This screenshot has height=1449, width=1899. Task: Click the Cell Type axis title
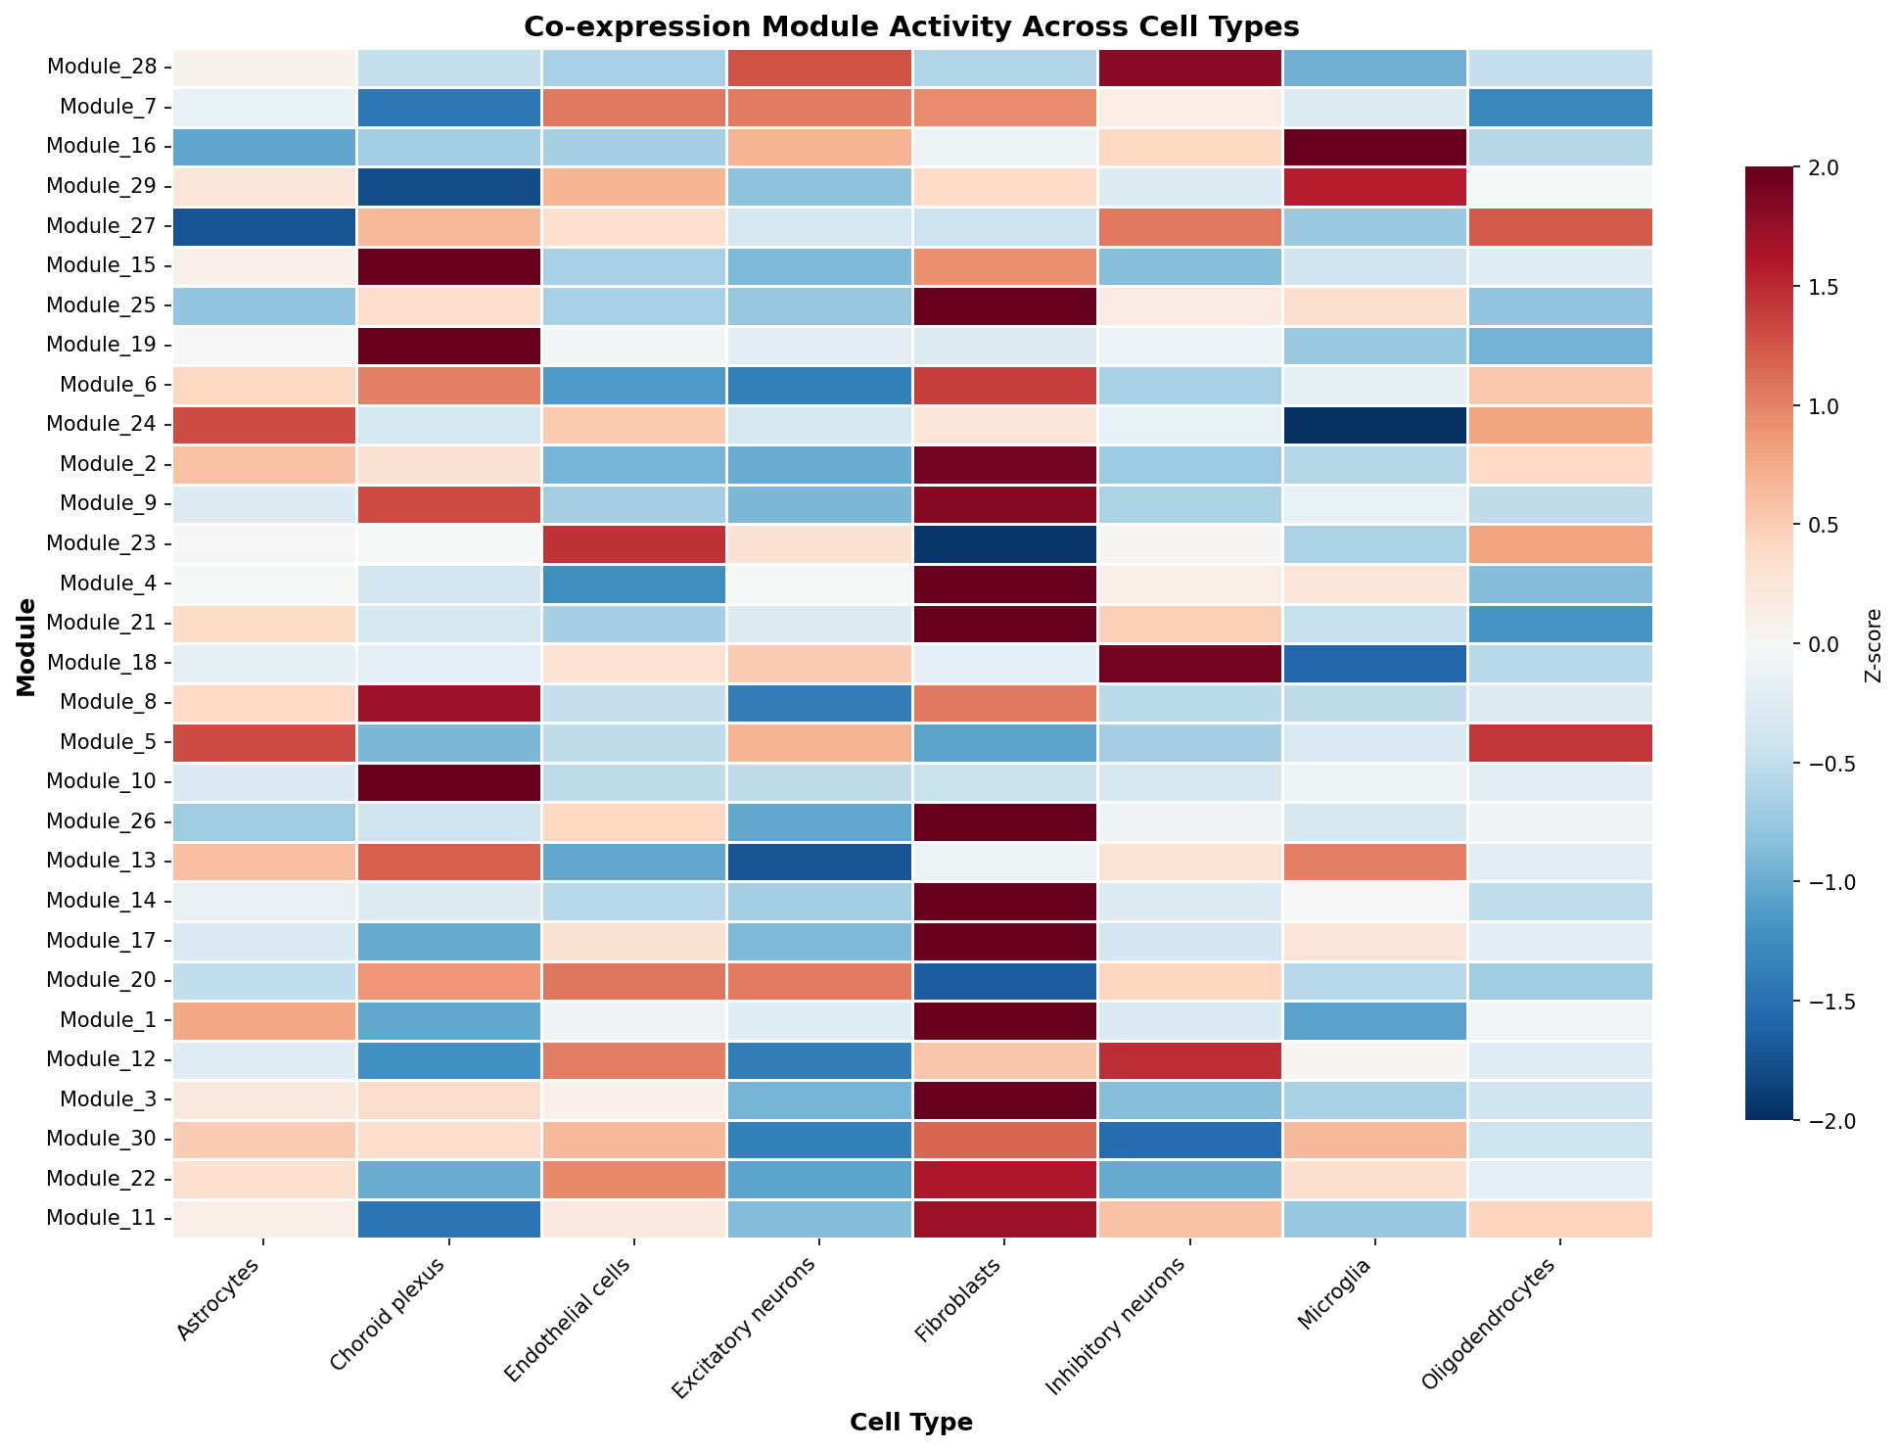tap(911, 1422)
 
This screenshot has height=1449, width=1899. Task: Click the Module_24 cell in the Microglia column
tap(1374, 425)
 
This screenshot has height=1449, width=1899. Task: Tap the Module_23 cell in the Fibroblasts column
tap(1004, 544)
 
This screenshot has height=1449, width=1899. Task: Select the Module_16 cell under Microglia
tap(1374, 147)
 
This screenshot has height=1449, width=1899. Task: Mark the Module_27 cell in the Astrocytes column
tap(264, 226)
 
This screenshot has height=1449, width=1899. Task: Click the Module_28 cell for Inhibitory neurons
tap(1189, 68)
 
